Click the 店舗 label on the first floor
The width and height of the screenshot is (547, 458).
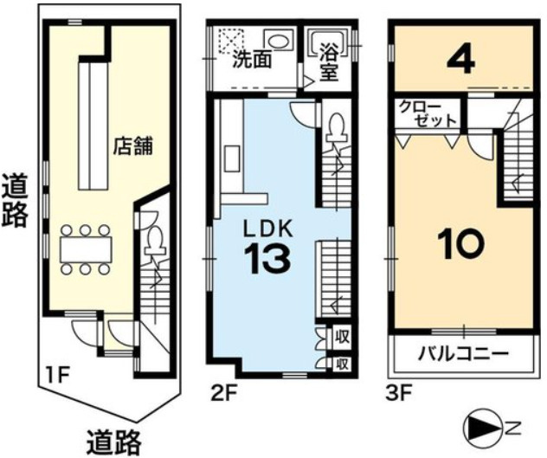[132, 145]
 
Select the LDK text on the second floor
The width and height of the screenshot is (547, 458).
[268, 227]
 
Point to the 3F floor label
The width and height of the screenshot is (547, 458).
[399, 392]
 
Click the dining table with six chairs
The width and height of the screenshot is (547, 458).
[84, 249]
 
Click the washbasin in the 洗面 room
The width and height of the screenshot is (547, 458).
[278, 42]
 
